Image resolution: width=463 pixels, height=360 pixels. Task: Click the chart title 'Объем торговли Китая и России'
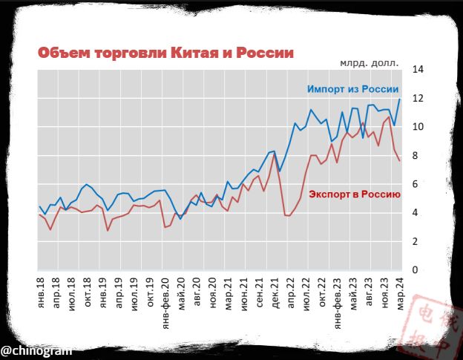point(165,53)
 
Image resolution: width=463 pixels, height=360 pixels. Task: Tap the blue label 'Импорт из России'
point(353,89)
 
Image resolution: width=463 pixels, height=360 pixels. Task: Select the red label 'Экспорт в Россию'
point(355,194)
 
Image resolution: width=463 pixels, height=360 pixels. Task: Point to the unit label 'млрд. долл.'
point(370,63)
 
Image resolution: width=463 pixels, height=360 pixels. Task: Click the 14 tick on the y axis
point(418,70)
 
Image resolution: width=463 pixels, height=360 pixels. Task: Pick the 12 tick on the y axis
point(418,99)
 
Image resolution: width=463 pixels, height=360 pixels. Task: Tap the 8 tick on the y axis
point(418,156)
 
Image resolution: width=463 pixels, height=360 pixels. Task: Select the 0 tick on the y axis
point(418,270)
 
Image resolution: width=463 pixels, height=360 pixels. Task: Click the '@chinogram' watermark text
point(36,349)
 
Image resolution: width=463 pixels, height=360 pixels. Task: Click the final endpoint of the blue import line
point(401,99)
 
